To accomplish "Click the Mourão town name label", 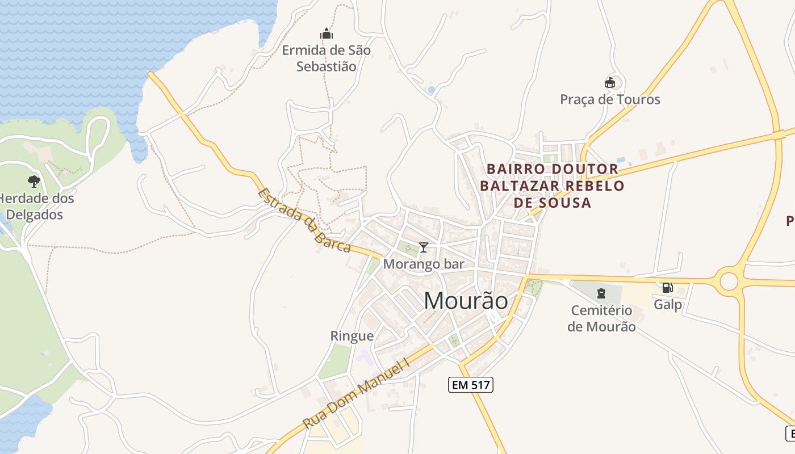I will coord(466,301).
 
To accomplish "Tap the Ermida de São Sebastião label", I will coord(327,58).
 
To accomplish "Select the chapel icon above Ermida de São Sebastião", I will coord(327,34).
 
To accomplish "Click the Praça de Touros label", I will coord(610,100).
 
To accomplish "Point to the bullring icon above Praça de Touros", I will coord(610,83).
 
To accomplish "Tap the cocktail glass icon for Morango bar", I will coord(423,247).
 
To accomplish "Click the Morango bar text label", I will coord(424,264).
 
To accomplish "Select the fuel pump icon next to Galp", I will coord(668,288).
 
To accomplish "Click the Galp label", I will coord(668,305).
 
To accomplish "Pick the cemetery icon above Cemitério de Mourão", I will coord(601,293).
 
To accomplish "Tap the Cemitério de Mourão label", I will coord(601,318).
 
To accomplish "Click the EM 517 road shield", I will coord(470,385).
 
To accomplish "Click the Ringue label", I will coord(352,336).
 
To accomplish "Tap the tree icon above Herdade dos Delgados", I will coord(34,182).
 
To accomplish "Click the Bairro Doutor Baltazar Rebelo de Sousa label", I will coord(552,186).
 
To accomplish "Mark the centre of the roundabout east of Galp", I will coord(729,281).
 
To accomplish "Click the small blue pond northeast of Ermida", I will coord(432,90).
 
